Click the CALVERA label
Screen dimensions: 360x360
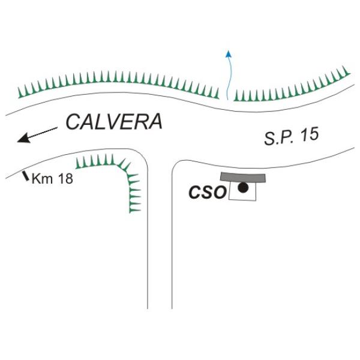(x=114, y=122)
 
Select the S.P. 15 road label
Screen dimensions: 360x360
(x=290, y=137)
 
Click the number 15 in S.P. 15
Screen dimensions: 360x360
(x=308, y=135)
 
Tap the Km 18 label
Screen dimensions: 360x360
(x=52, y=178)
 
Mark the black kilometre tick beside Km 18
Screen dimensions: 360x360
(x=25, y=176)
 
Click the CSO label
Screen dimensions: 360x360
(x=207, y=193)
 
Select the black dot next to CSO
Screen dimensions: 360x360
(x=242, y=188)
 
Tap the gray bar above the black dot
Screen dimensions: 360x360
(x=242, y=177)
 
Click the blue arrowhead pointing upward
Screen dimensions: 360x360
(x=228, y=54)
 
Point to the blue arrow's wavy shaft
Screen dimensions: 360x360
(x=228, y=78)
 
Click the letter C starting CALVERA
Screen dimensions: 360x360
(x=73, y=122)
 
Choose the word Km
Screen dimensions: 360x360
(x=41, y=178)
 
